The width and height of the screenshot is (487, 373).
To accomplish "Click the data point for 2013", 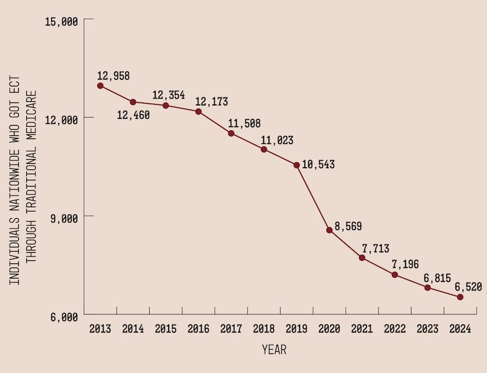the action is point(100,85).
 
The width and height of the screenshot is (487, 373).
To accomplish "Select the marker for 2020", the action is point(329,230).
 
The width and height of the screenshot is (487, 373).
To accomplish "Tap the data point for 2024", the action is point(460,297).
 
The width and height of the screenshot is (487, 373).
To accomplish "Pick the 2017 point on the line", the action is point(231,133).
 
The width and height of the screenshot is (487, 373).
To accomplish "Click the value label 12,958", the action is point(113,76).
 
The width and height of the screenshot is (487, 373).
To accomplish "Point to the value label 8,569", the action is point(348,226).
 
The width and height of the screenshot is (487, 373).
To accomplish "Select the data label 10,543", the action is point(318,165).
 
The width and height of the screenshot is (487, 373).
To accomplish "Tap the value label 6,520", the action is point(468,286).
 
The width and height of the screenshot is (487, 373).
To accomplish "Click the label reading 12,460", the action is point(133,115).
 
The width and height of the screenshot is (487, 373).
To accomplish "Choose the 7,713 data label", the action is point(376,249).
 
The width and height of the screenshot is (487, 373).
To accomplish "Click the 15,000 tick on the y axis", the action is point(61,22).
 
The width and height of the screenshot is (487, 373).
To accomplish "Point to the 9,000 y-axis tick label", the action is point(65,219).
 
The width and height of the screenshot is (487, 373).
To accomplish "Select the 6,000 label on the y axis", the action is point(65,318).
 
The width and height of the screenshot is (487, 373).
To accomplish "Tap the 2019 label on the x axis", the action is point(296,329).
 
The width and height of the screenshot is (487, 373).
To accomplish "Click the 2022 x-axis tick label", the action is point(394,329).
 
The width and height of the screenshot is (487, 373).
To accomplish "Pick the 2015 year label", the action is point(166,329).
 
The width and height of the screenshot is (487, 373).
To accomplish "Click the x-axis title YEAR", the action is point(274,350).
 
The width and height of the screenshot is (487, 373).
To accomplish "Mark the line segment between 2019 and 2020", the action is point(313,197).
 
